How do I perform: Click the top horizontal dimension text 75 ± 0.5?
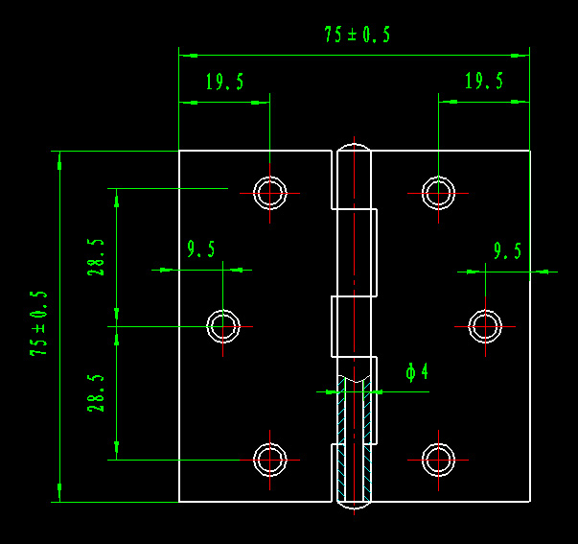(x=357, y=35)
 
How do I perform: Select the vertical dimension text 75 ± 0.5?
(x=39, y=323)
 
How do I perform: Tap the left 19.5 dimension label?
(x=224, y=83)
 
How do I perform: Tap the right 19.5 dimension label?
(x=484, y=82)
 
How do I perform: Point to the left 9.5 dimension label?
(x=201, y=250)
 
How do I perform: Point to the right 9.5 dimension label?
(x=507, y=251)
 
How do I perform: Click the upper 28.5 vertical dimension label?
(x=96, y=257)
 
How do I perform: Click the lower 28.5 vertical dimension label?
(x=96, y=393)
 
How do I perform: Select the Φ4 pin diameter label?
(x=416, y=371)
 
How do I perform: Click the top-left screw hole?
(x=270, y=193)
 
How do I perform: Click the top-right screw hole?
(x=439, y=193)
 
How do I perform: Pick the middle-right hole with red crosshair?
(x=485, y=326)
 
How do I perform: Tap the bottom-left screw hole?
(x=270, y=461)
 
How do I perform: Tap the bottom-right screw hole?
(x=439, y=461)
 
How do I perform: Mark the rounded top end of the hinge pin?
(x=354, y=149)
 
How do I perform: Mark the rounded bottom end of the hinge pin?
(x=354, y=504)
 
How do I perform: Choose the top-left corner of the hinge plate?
(x=180, y=152)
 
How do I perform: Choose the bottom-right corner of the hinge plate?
(x=529, y=501)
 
